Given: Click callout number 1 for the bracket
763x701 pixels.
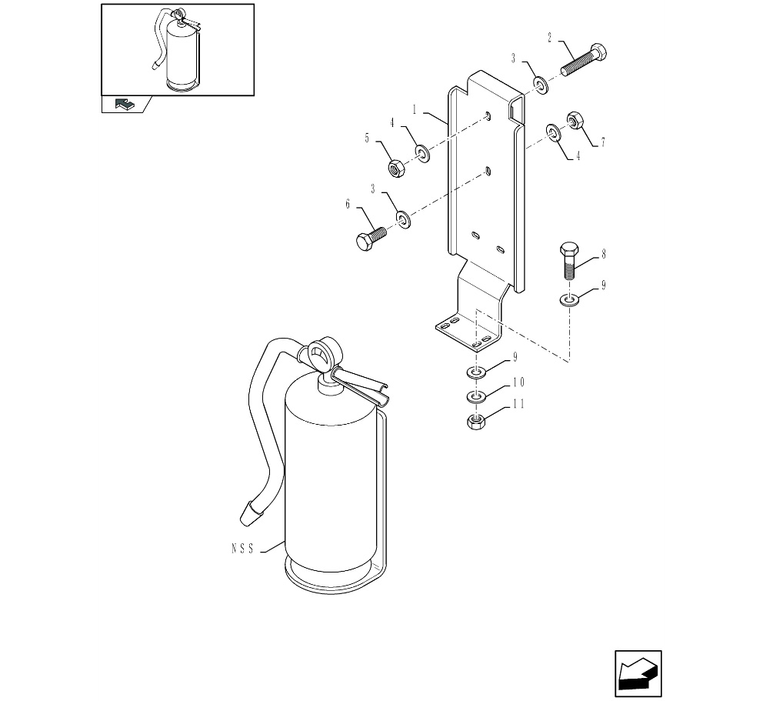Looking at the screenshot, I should pos(414,110).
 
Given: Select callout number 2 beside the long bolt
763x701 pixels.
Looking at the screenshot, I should pos(550,36).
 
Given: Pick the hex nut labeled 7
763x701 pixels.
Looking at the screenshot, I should pos(574,120).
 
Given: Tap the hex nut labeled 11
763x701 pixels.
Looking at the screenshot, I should pos(476,422).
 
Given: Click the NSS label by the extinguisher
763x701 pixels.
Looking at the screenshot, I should pos(242,549).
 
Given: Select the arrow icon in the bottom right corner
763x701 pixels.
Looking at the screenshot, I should pos(638,674).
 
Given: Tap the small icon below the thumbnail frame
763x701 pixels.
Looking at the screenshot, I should pos(124,104).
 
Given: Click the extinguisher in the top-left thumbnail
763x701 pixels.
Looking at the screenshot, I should pos(182,54).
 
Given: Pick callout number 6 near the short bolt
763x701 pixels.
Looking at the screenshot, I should pos(348,204).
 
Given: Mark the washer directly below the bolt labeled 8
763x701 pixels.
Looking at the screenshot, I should pos(568,299).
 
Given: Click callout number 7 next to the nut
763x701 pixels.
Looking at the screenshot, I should pos(603,142).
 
